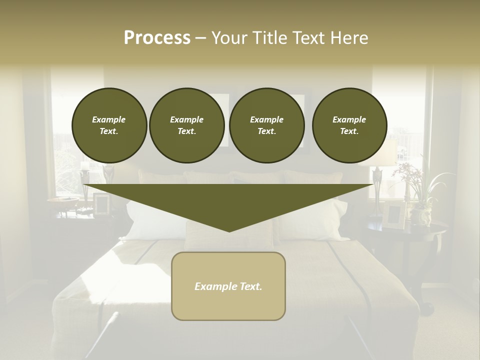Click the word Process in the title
157,38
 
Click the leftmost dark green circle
109,125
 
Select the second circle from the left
187,125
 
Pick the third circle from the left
267,125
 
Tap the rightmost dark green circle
349,125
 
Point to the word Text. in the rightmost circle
349,131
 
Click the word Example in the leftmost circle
109,119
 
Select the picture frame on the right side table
393,214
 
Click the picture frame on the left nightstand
101,203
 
